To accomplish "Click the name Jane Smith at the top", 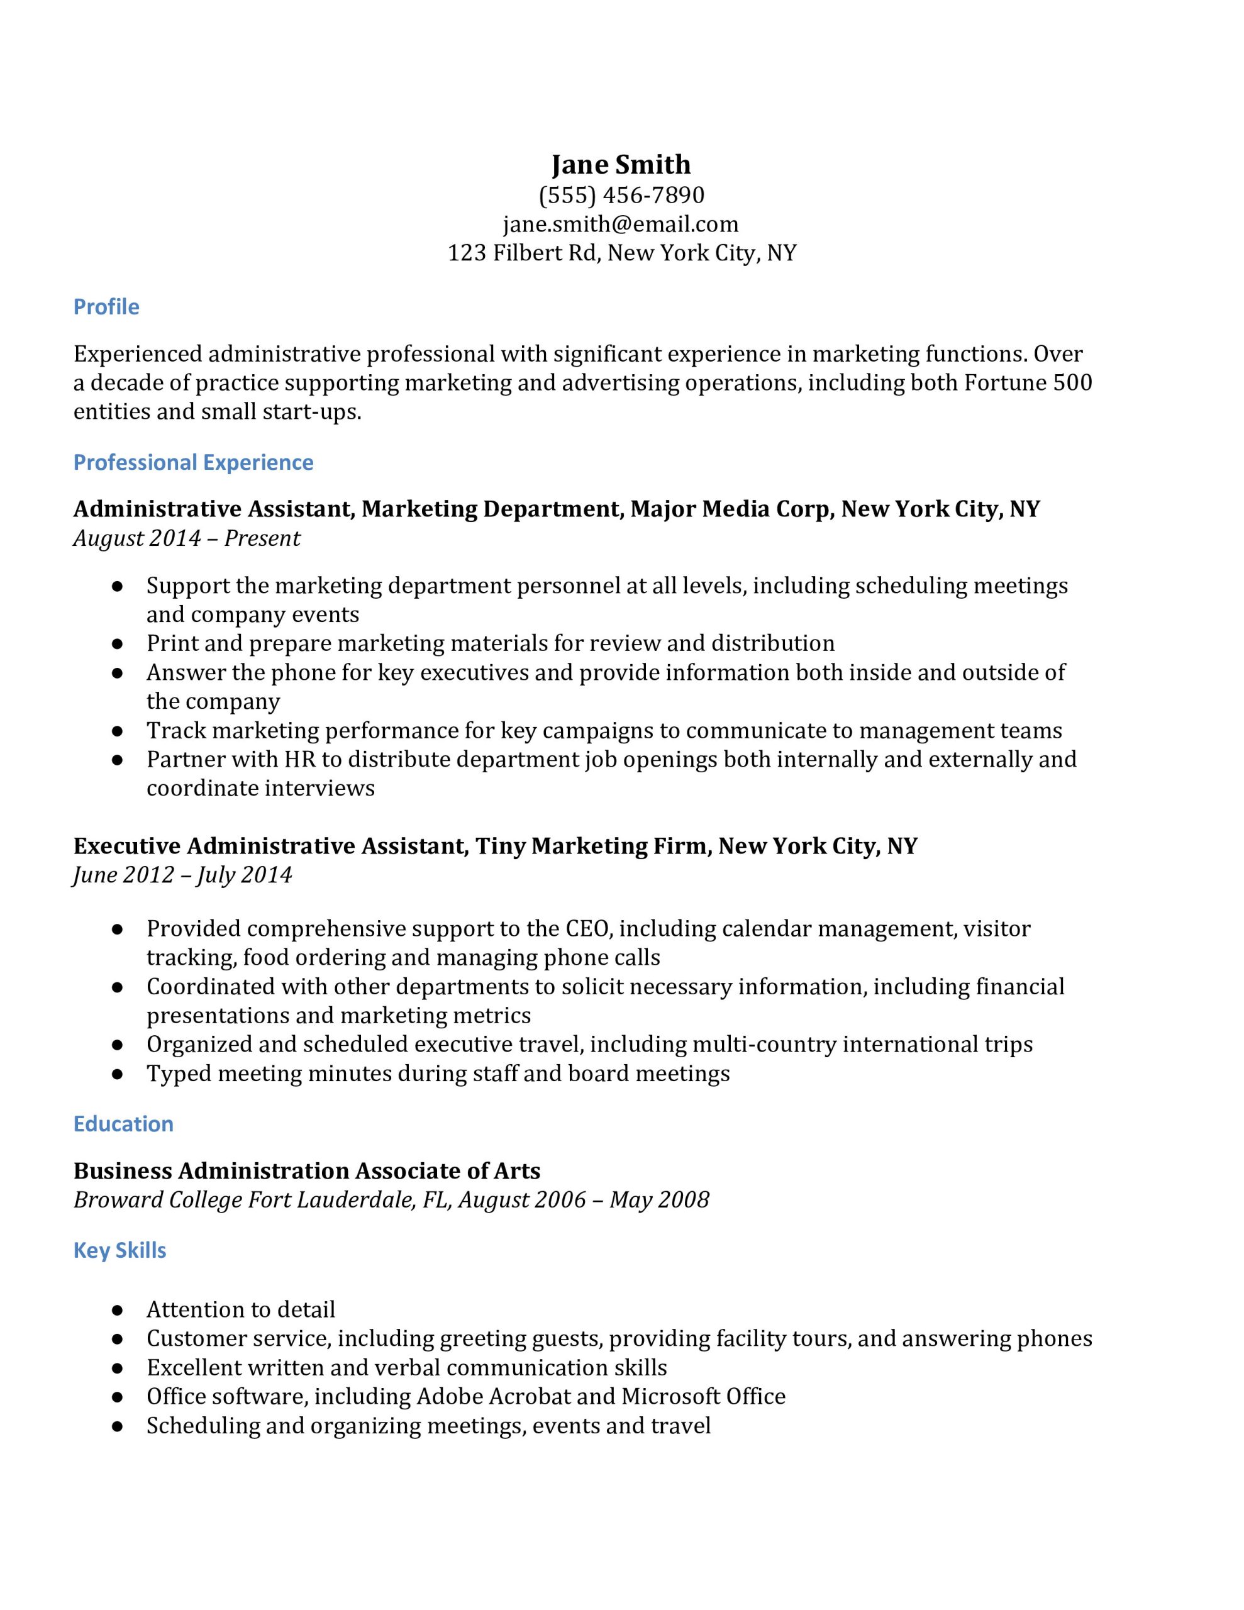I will pos(621,164).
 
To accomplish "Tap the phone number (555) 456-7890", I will pos(621,194).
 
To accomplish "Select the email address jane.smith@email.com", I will pos(620,224).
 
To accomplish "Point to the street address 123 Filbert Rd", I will pos(523,253).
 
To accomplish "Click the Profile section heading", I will pos(106,307).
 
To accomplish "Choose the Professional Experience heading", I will pos(193,462).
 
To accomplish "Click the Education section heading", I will pos(123,1123).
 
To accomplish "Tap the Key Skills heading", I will pos(119,1250).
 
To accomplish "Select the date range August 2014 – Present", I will pos(187,538).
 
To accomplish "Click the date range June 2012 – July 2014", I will pos(183,874).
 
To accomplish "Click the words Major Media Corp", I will pos(730,509).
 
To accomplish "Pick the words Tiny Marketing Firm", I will pos(591,845).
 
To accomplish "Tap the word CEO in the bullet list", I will pos(587,928).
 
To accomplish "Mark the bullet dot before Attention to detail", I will pos(116,1310).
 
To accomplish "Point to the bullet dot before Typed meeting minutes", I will pos(116,1074).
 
